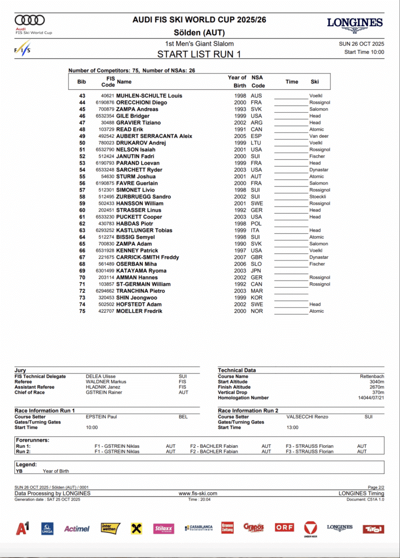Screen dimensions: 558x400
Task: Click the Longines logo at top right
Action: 355,23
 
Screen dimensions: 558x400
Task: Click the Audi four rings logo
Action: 30,21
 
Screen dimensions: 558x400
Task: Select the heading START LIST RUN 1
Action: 199,54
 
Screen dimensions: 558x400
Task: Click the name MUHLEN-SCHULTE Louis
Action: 149,96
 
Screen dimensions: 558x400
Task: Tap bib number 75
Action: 82,311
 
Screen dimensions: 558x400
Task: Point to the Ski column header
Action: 315,82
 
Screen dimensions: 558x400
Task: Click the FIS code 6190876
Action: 105,102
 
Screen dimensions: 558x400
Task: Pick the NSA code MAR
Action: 256,291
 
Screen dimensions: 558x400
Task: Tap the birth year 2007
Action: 240,257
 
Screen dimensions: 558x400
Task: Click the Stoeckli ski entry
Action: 318,197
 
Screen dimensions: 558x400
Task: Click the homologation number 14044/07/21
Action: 371,398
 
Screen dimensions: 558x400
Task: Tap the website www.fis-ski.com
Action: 198,493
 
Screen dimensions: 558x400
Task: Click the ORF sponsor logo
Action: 284,527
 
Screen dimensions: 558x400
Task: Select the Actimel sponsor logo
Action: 76,529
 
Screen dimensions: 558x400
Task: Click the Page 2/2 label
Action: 376,487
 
